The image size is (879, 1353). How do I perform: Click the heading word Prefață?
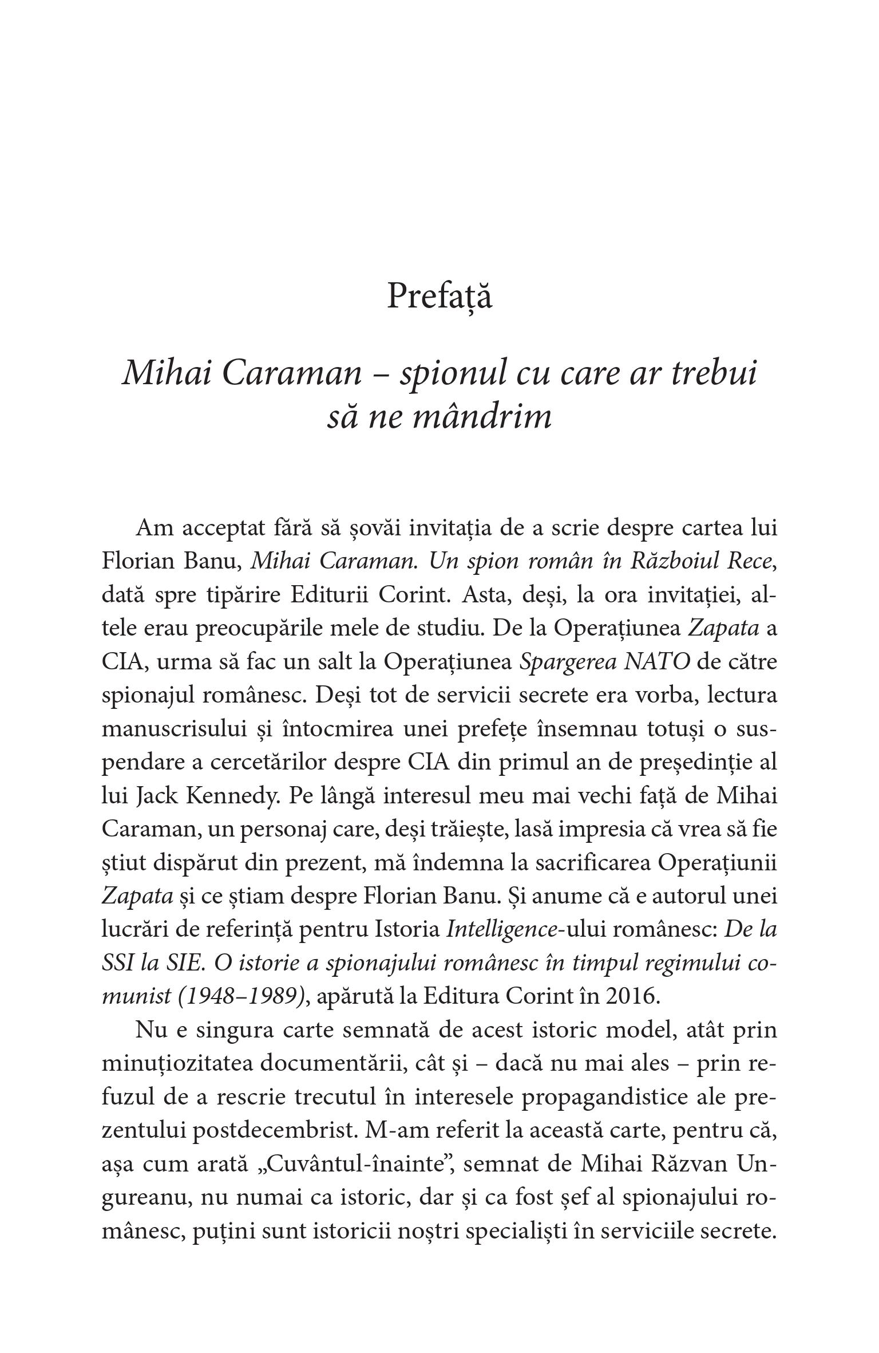(x=439, y=297)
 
